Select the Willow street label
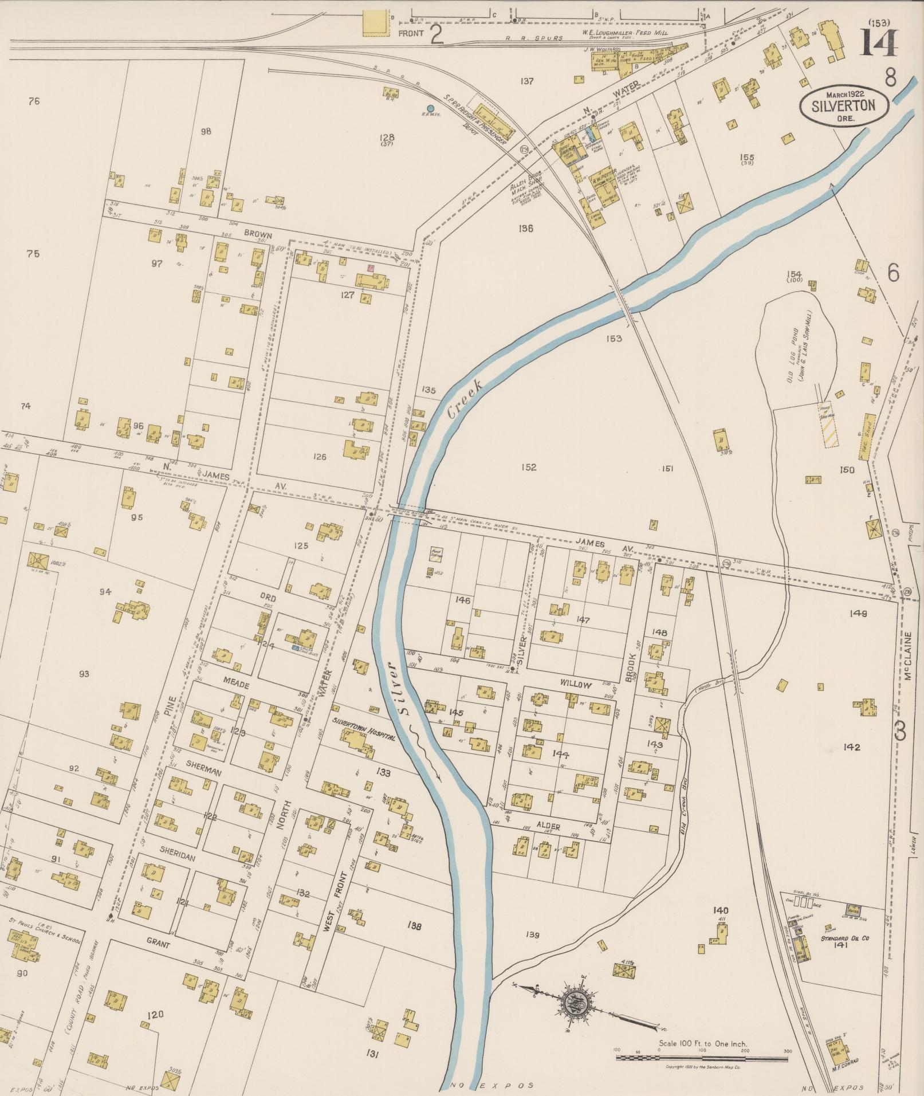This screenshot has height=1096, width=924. click(576, 685)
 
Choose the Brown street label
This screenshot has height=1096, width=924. click(258, 235)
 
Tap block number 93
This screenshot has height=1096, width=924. click(84, 674)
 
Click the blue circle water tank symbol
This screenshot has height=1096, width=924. click(431, 108)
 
